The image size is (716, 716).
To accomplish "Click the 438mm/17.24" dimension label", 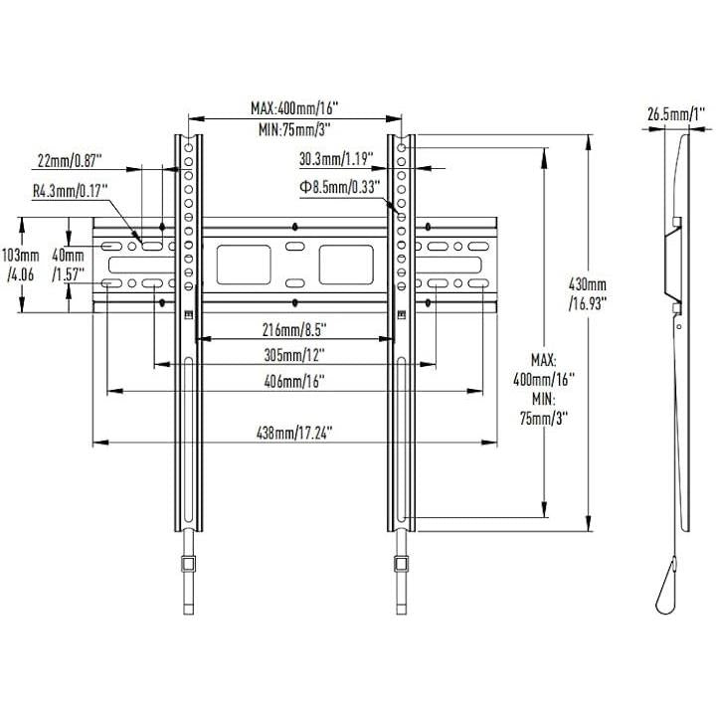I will click(294, 432).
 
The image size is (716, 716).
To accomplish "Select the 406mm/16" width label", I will click(294, 382).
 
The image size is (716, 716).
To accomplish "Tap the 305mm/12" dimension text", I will click(294, 354).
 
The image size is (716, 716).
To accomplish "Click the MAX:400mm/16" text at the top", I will click(294, 108).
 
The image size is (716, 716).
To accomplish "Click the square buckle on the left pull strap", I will click(188, 565).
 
